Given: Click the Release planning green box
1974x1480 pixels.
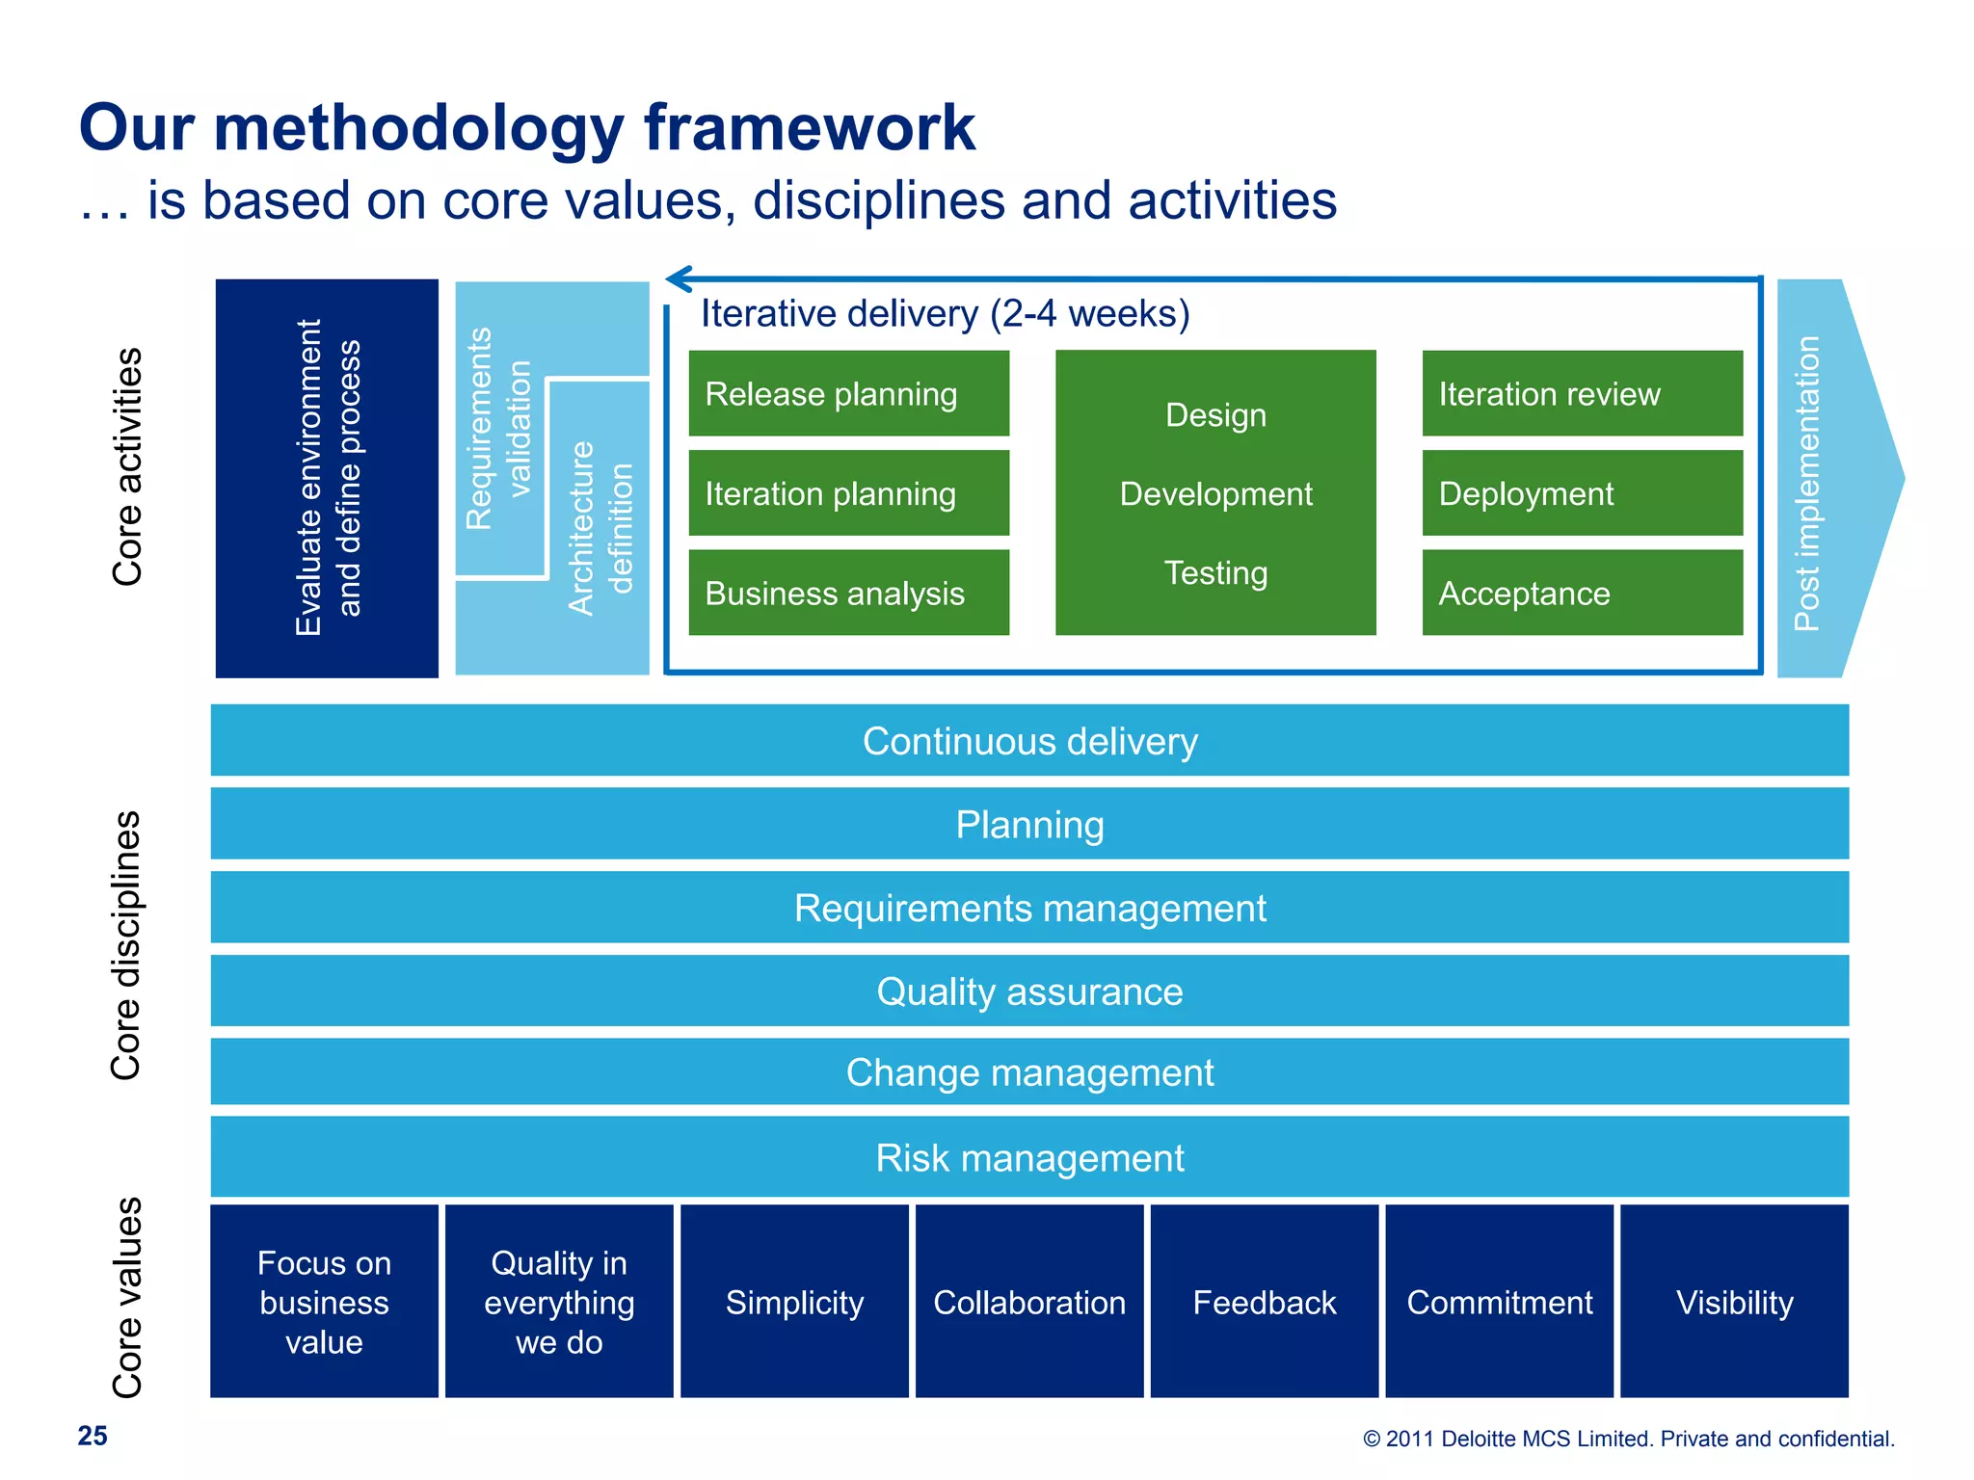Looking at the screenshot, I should (x=848, y=393).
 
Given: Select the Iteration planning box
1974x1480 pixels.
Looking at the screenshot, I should (x=848, y=493).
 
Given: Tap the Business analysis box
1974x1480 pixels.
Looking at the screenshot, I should (x=848, y=593).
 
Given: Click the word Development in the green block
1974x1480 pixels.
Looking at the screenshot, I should (x=1215, y=493).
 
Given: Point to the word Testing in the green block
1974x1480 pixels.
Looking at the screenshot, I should (x=1215, y=572).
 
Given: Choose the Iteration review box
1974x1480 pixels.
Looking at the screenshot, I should (x=1582, y=393).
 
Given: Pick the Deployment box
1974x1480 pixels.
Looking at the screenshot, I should (x=1582, y=493).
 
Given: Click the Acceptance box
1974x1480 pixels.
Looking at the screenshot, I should (x=1582, y=593).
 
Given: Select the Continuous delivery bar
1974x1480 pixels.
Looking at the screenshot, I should (x=1029, y=741).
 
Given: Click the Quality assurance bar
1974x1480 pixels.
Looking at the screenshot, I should (x=1029, y=991).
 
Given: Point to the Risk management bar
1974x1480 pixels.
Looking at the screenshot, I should (x=1029, y=1157).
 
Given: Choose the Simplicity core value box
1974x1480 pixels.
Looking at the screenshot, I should (x=794, y=1302).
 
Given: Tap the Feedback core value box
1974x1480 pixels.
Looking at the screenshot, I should (x=1264, y=1302).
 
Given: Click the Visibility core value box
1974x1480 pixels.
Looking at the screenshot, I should (x=1734, y=1302).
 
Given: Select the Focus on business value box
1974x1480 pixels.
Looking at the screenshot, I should (x=324, y=1302).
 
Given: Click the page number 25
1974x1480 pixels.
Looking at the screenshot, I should (x=93, y=1436).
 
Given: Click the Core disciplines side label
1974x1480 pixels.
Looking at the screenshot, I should (x=126, y=945).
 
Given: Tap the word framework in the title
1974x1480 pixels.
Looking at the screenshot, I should (x=810, y=127).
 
